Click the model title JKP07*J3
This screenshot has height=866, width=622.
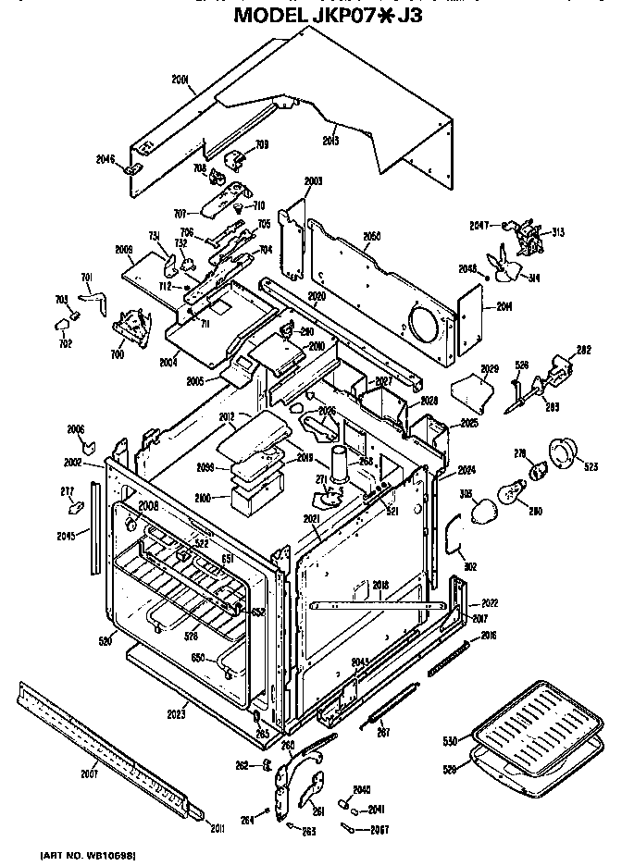(x=328, y=16)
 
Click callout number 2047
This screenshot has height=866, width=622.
(x=479, y=225)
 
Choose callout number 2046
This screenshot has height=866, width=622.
(x=106, y=160)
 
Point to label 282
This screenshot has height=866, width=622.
(x=582, y=350)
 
